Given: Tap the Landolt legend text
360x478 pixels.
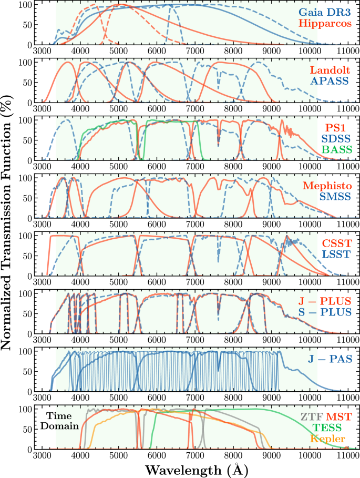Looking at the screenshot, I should click(330, 70).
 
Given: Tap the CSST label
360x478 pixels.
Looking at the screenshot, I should click(336, 243).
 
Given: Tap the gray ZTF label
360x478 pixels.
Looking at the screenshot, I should click(311, 416).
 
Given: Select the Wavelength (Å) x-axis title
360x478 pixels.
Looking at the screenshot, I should click(194, 469).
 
